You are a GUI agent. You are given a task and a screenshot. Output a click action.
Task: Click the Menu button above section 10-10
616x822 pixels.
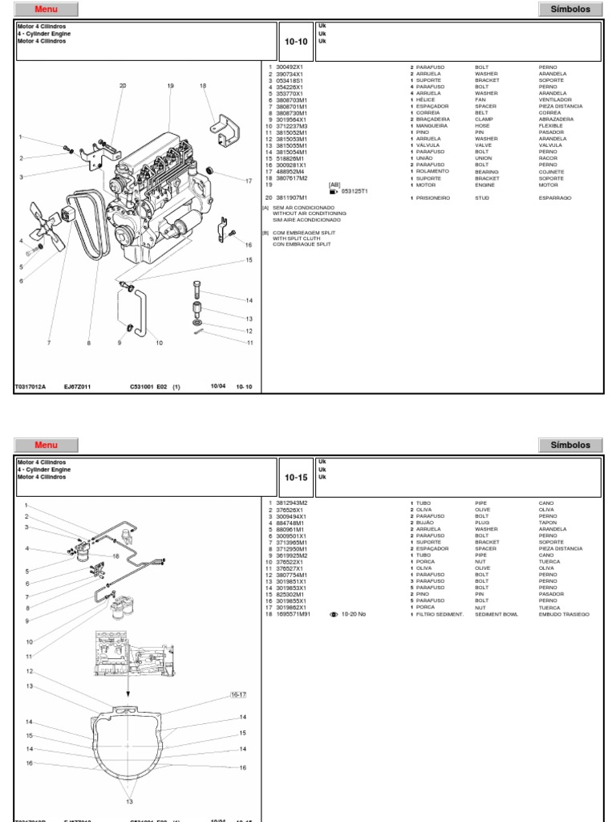tap(47, 9)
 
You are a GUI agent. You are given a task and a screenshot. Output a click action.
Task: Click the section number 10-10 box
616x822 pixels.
tap(295, 42)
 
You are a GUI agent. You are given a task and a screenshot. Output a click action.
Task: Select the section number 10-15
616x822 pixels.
tap(295, 477)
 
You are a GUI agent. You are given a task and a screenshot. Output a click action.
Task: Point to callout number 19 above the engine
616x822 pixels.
tap(170, 85)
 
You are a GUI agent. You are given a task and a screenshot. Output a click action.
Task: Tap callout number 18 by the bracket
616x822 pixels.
tap(203, 85)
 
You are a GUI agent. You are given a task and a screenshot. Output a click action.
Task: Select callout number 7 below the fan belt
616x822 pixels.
tap(48, 343)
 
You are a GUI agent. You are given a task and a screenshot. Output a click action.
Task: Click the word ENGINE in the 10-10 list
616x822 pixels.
tap(485, 184)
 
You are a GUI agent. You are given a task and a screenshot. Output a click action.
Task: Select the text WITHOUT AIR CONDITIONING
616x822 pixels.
tap(310, 213)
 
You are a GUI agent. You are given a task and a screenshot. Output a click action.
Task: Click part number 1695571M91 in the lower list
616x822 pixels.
tap(294, 614)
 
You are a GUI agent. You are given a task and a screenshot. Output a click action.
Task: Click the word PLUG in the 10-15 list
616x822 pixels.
tap(483, 523)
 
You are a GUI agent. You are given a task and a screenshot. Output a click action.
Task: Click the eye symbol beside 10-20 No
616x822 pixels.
tap(334, 614)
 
